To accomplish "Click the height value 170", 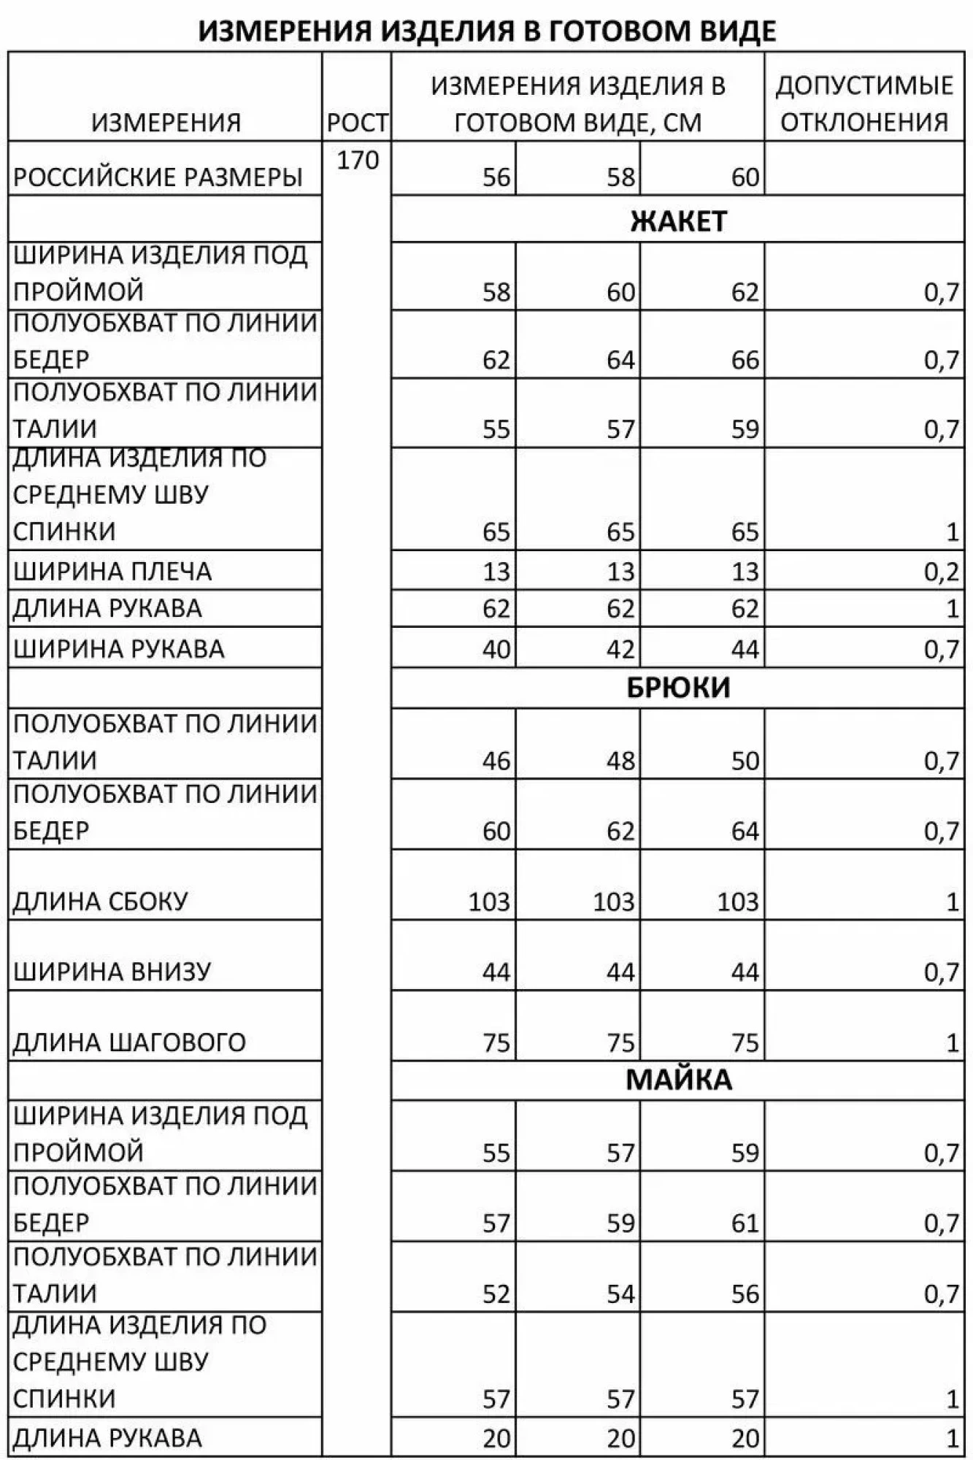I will click(358, 160).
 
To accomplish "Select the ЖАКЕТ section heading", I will click(678, 221).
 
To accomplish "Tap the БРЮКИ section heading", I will click(678, 688).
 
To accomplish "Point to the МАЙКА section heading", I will click(678, 1080).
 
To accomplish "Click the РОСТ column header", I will click(357, 123).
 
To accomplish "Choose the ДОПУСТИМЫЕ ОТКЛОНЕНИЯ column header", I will click(864, 104).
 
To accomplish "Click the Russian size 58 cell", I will click(620, 177).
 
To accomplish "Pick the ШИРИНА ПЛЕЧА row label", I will click(112, 571).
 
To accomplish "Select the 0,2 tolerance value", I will click(941, 572).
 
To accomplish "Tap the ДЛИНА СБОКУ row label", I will click(101, 902).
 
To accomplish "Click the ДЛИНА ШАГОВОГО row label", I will click(129, 1042).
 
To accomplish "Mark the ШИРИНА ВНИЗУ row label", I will click(112, 972).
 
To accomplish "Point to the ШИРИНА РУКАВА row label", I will click(119, 648).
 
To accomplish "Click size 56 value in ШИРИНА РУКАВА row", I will click(496, 649).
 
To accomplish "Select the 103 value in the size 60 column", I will click(737, 902).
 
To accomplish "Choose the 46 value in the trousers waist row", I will click(496, 761).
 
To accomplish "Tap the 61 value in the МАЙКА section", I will click(745, 1223).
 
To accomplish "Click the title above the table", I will click(487, 31).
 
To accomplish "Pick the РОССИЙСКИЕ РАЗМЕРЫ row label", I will click(158, 177).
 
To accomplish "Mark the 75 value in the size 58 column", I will click(620, 1042).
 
